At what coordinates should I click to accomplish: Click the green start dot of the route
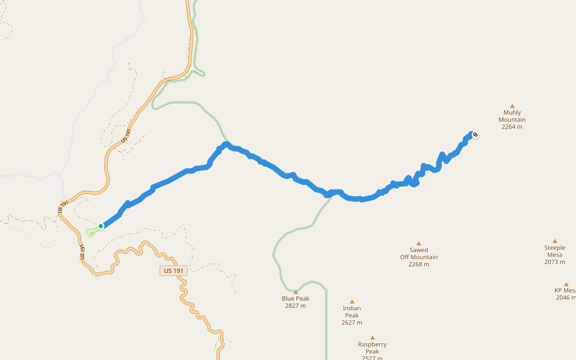coord(101,226)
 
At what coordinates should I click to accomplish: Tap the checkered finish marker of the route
coord(475,134)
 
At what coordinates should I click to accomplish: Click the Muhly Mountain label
coord(512,116)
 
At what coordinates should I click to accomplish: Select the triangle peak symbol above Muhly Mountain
coord(512,106)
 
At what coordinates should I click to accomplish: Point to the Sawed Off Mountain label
coord(419,253)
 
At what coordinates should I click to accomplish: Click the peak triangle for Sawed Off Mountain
coord(419,244)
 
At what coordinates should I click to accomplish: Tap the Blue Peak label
coord(295,298)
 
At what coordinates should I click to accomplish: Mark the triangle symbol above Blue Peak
coord(296,292)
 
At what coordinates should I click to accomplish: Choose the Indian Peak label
coord(352,311)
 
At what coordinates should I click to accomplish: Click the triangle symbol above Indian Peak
coord(352,302)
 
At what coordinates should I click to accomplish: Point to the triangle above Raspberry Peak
coord(372,337)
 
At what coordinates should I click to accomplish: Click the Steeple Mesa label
coord(554,251)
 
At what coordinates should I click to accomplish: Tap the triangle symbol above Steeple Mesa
coord(555,241)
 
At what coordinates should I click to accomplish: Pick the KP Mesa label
coord(565,290)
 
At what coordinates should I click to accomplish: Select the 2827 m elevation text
coord(295,305)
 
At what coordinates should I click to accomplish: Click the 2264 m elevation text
coord(512,127)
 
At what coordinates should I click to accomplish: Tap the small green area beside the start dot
coord(92,231)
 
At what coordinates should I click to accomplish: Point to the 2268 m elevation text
coord(419,264)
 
